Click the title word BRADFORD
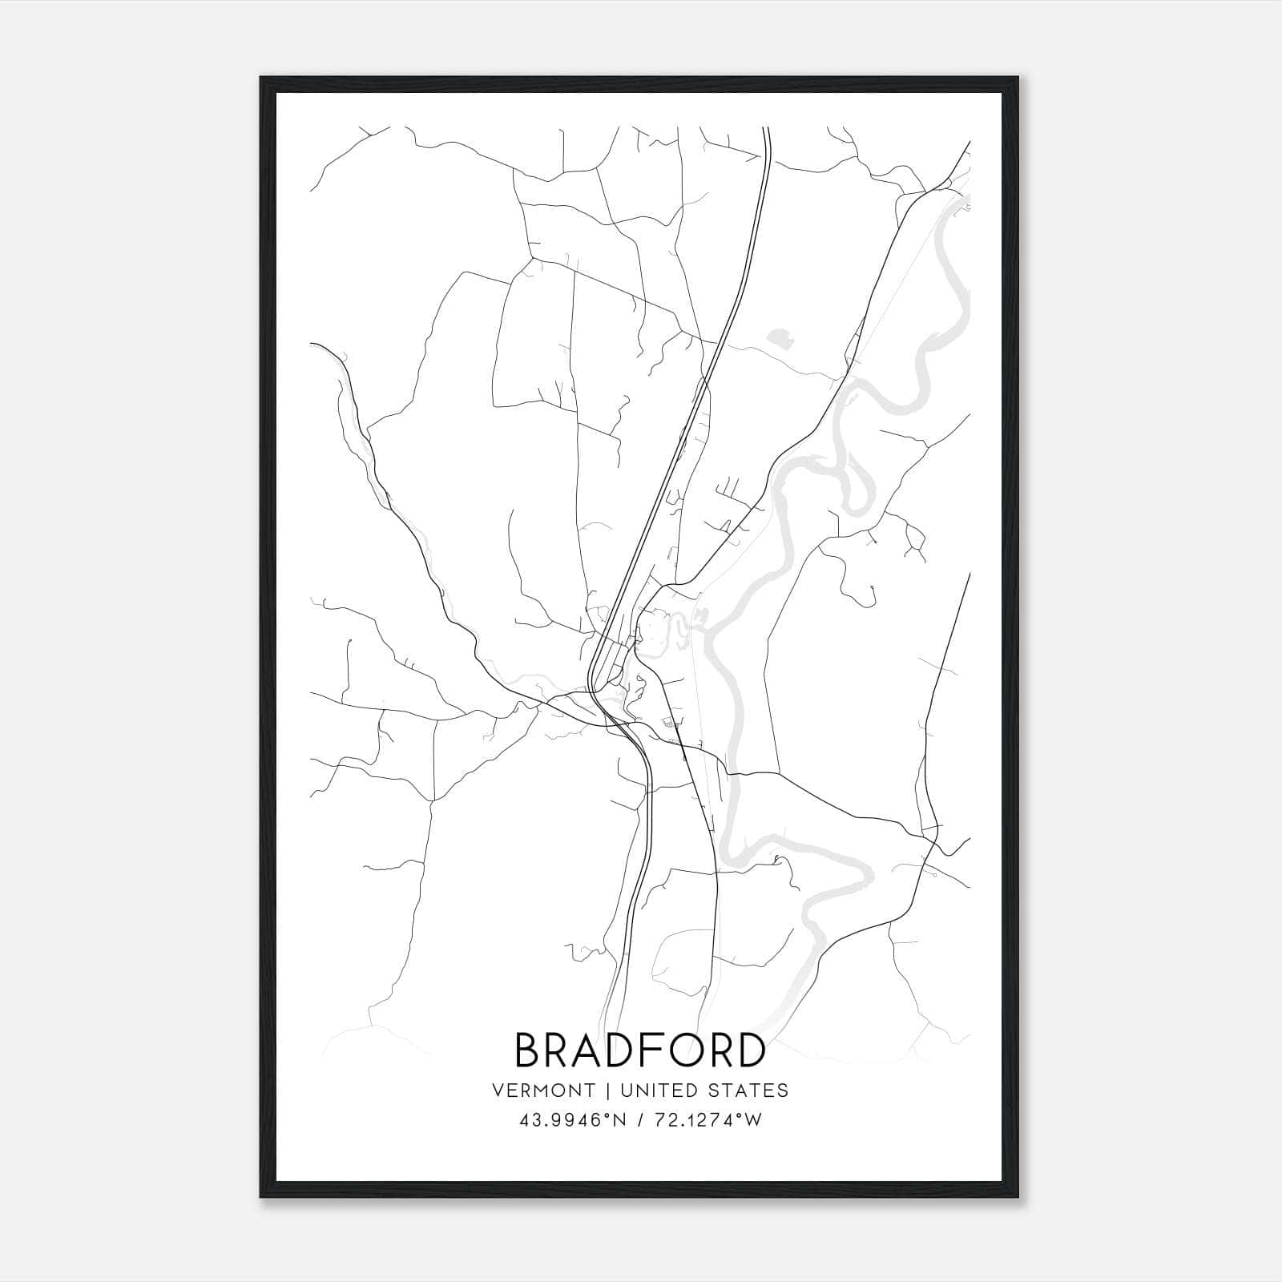(x=639, y=1050)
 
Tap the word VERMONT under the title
(x=544, y=1091)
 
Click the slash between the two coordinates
(x=639, y=1121)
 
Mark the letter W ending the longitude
(x=753, y=1121)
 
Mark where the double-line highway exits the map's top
(x=767, y=128)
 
